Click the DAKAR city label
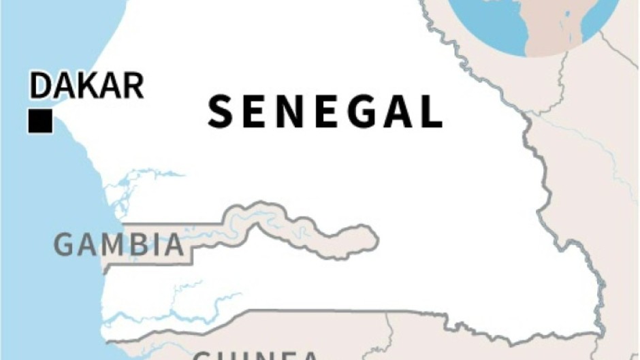[x=86, y=86]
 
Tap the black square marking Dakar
[x=40, y=121]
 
